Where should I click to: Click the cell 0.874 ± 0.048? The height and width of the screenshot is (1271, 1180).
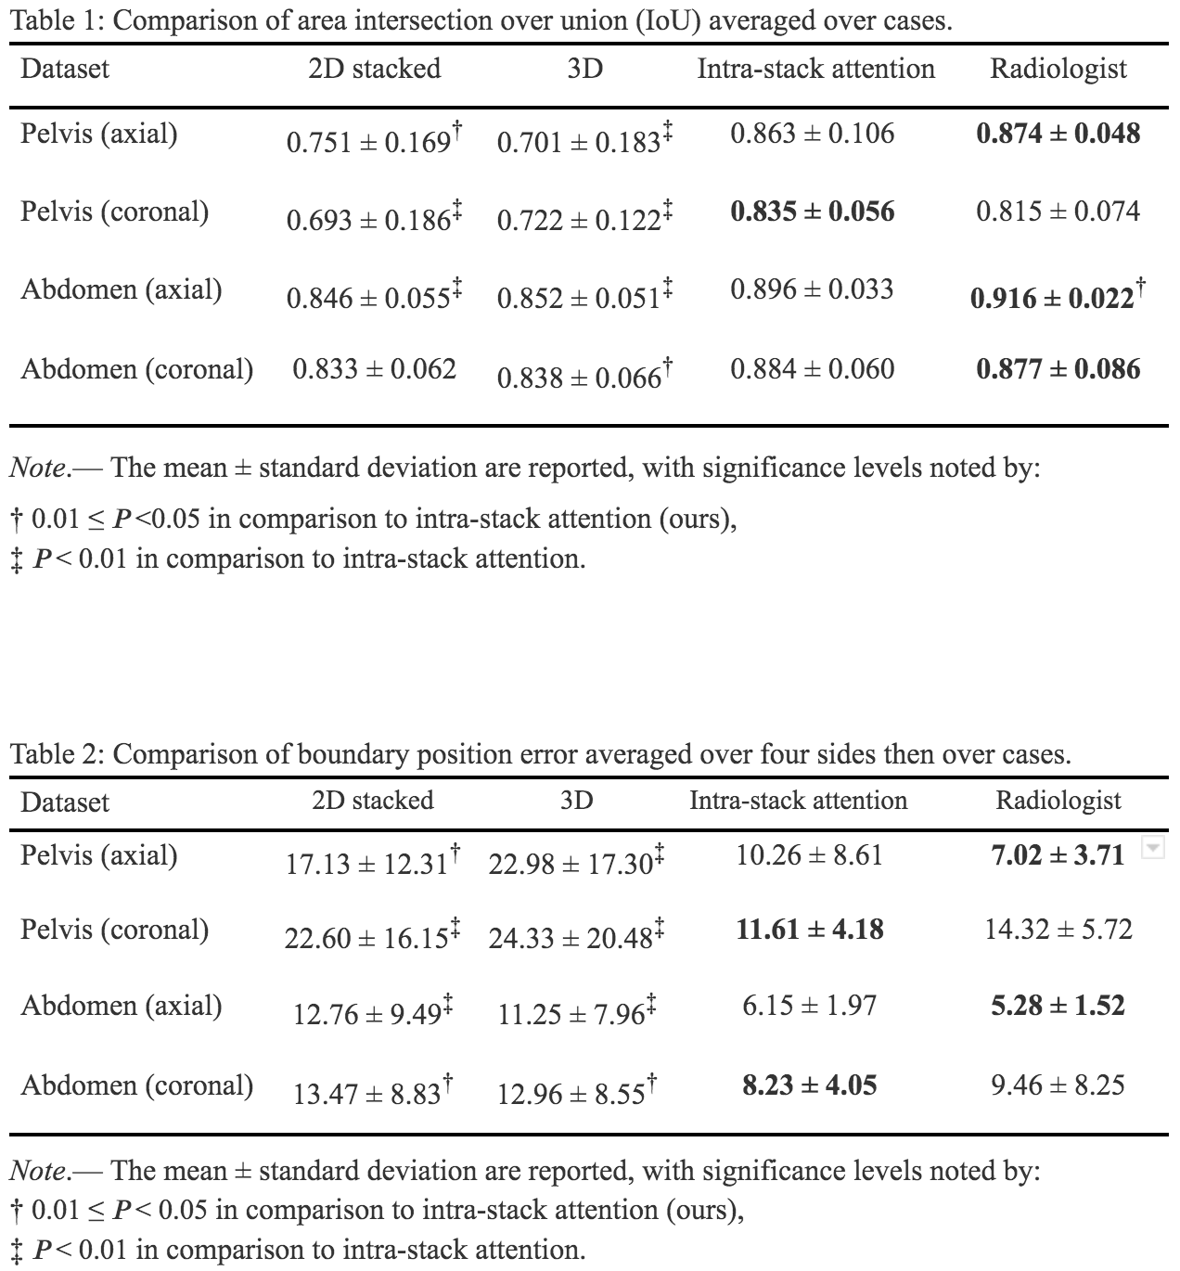(x=1058, y=134)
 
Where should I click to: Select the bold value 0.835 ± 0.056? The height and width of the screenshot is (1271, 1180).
(x=812, y=212)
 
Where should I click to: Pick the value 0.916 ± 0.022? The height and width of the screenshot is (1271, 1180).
(x=1052, y=298)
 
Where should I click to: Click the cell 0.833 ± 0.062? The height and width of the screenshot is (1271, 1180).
(x=374, y=369)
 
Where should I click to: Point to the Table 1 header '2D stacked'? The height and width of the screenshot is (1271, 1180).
(x=374, y=69)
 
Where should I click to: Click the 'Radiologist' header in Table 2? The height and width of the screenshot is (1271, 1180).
(x=1058, y=801)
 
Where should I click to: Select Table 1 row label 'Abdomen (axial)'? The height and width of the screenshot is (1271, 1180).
(x=122, y=289)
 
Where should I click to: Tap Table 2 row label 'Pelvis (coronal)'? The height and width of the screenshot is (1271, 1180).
(x=115, y=930)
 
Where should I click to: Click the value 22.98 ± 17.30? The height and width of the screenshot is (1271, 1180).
(x=571, y=865)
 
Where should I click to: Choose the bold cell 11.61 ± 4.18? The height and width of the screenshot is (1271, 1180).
(x=809, y=930)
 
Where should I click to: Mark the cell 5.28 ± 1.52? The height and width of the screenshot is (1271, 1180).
(x=1058, y=1006)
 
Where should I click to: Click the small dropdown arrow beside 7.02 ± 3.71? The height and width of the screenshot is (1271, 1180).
(x=1151, y=848)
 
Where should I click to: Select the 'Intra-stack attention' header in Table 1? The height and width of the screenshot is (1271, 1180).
(x=815, y=69)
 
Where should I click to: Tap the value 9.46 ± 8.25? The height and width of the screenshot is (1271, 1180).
(x=1058, y=1085)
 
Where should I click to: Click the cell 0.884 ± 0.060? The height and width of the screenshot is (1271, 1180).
(x=812, y=369)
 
